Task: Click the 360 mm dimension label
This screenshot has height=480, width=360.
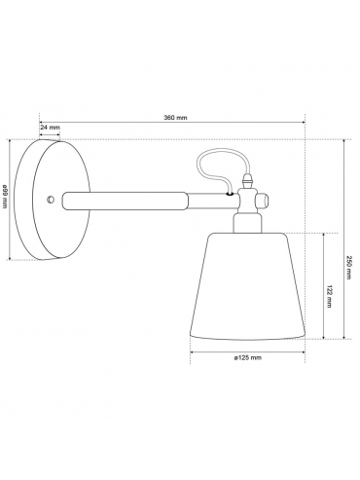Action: [x=175, y=118]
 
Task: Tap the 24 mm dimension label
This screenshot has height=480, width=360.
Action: [x=50, y=128]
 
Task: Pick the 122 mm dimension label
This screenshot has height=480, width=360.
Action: [x=329, y=297]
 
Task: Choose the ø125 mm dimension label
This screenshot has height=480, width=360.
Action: [x=247, y=357]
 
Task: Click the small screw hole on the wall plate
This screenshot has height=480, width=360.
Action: [x=51, y=200]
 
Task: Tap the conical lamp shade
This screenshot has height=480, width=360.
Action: [x=247, y=286]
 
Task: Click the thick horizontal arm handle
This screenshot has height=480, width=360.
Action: [x=126, y=201]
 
